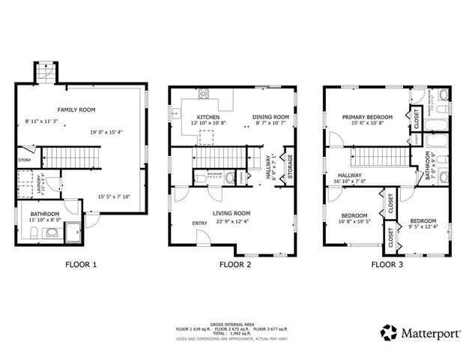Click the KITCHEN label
pos(208,118)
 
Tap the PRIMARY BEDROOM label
pos(368,118)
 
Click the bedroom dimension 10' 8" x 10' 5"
pos(351,220)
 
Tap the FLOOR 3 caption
pos(388,264)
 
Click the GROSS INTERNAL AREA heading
pos(232,322)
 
